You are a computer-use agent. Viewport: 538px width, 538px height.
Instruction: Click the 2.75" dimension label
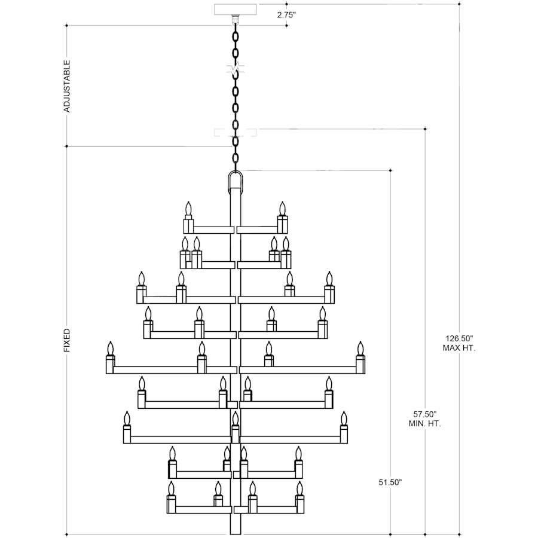click(x=286, y=14)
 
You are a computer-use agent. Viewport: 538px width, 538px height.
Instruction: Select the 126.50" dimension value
click(x=459, y=338)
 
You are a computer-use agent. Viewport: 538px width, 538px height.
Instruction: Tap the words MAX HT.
click(x=459, y=348)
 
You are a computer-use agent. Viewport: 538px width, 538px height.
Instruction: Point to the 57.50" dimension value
click(x=425, y=414)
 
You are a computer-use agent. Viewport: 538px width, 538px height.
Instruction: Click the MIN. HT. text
click(x=425, y=424)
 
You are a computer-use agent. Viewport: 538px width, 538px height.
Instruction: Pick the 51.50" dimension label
click(x=390, y=482)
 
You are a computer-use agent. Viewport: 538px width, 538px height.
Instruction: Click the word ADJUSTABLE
click(x=67, y=86)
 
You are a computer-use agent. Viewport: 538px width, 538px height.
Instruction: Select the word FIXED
click(x=67, y=340)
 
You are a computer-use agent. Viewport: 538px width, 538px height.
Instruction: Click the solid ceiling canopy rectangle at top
click(x=236, y=9)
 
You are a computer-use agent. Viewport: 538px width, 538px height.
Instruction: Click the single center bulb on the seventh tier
click(x=235, y=418)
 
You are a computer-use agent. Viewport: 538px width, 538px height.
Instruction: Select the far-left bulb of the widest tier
click(x=110, y=349)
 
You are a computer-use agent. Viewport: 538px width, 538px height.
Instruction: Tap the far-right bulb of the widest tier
click(x=360, y=349)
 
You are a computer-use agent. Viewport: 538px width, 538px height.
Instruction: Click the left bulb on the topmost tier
click(x=188, y=209)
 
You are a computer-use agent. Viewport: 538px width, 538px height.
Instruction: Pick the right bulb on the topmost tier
click(x=282, y=209)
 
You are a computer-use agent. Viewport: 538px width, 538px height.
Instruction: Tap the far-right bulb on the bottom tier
click(x=300, y=488)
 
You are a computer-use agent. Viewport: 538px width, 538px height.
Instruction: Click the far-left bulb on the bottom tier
click(x=171, y=488)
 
